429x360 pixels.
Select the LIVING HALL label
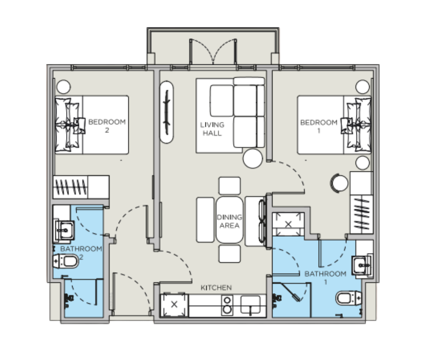point(212,129)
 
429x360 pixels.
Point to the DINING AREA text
point(230,221)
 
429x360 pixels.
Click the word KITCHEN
point(216,288)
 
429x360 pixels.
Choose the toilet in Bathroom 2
point(67,262)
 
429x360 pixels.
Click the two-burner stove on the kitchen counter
point(226,305)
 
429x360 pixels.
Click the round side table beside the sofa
point(253,159)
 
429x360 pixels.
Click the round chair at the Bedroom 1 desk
point(339,183)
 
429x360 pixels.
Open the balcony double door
point(214,51)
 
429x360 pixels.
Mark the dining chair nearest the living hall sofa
point(229,185)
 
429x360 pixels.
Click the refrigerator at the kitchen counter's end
point(174,305)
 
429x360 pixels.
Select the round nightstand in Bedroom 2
point(63,86)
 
